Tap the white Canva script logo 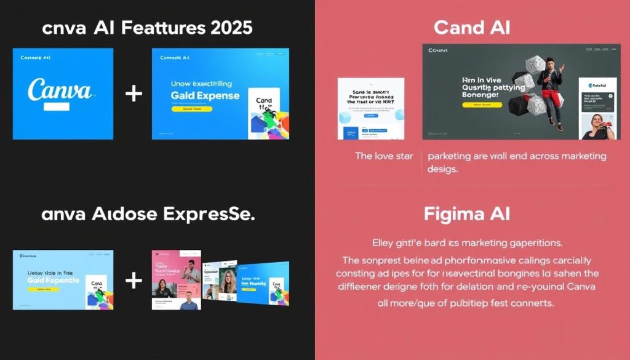click(x=60, y=89)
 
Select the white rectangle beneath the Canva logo click(x=57, y=106)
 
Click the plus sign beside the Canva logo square click(x=133, y=94)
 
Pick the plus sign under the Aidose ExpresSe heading click(x=133, y=280)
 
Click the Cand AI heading click(x=472, y=28)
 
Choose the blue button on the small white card click(x=370, y=114)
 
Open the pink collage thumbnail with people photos click(x=176, y=280)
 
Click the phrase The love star click(x=384, y=156)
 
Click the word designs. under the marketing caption click(x=442, y=169)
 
